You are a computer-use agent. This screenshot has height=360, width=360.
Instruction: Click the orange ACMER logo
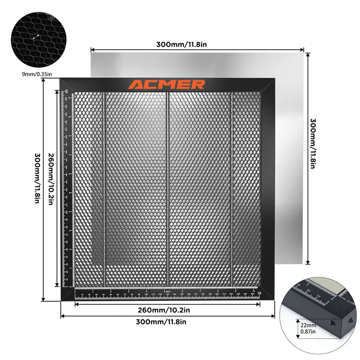pos(167,85)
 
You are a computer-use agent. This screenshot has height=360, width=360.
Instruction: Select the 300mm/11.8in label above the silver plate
pos(181,45)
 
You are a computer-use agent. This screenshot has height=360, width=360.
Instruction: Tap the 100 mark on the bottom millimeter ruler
pos(146,295)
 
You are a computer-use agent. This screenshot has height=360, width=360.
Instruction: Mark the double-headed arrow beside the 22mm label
pos(298,328)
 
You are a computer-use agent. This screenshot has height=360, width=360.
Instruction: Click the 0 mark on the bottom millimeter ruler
pos(75,295)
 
